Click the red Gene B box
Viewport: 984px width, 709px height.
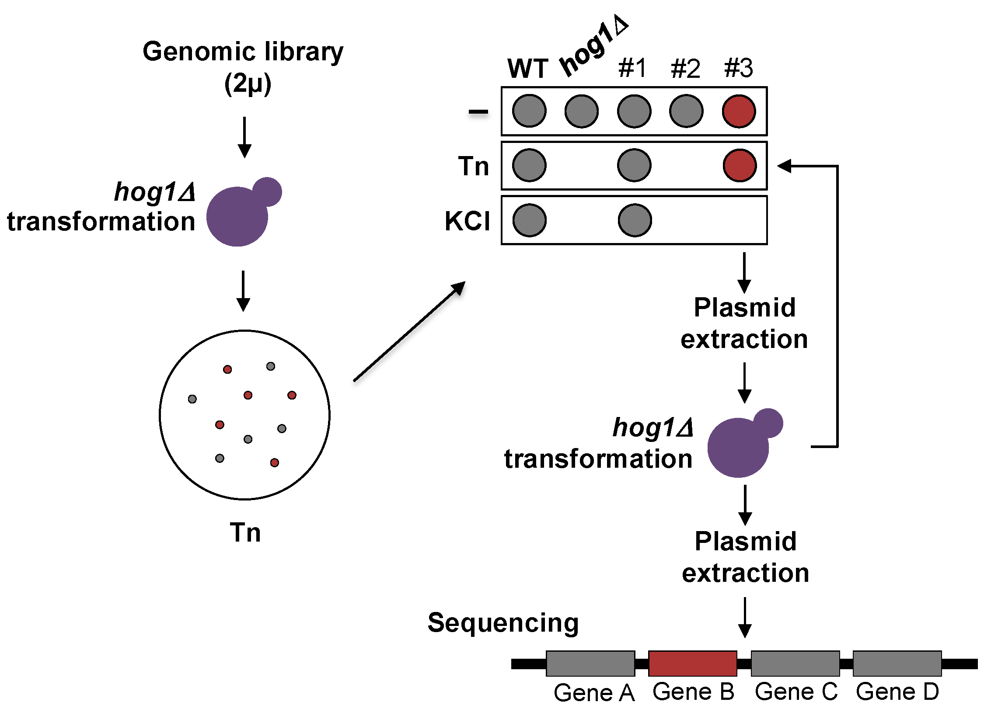(x=692, y=663)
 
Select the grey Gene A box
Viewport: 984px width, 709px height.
(x=590, y=663)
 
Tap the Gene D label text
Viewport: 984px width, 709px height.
(x=897, y=692)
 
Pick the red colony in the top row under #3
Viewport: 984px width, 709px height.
(x=739, y=111)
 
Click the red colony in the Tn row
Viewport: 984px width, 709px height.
(x=739, y=166)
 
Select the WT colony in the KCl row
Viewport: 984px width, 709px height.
(x=529, y=220)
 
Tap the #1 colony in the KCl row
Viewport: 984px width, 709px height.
(x=635, y=220)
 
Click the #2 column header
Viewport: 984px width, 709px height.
(x=685, y=69)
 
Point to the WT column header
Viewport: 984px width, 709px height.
(x=528, y=69)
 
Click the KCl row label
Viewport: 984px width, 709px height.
(x=467, y=221)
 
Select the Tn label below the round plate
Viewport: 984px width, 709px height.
(x=245, y=532)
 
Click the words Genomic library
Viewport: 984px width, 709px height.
(x=243, y=52)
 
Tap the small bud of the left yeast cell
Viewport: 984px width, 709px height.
(x=268, y=191)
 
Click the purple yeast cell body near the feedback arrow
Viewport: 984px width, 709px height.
(x=738, y=448)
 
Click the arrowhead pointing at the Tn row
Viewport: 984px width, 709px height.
(x=785, y=166)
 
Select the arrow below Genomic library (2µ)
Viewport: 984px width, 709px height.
(x=244, y=137)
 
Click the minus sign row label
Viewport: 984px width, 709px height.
(x=478, y=112)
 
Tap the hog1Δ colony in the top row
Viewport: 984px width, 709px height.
(x=581, y=111)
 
